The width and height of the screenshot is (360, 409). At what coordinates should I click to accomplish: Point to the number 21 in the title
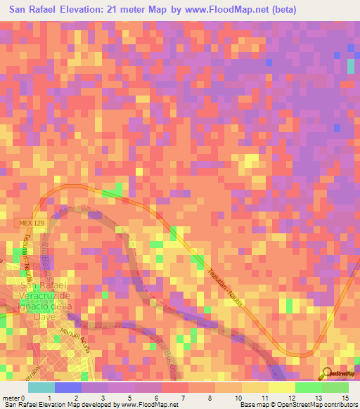124,10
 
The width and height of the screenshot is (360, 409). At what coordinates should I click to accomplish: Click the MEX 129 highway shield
26,223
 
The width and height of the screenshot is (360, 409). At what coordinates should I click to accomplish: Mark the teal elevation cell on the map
351,66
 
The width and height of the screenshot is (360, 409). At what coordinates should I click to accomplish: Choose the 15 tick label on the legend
345,398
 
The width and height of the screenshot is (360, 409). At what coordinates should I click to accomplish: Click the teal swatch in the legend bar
41,387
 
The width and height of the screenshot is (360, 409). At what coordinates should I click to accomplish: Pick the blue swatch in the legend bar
68,387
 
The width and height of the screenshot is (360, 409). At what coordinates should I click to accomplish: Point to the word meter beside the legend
11,398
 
